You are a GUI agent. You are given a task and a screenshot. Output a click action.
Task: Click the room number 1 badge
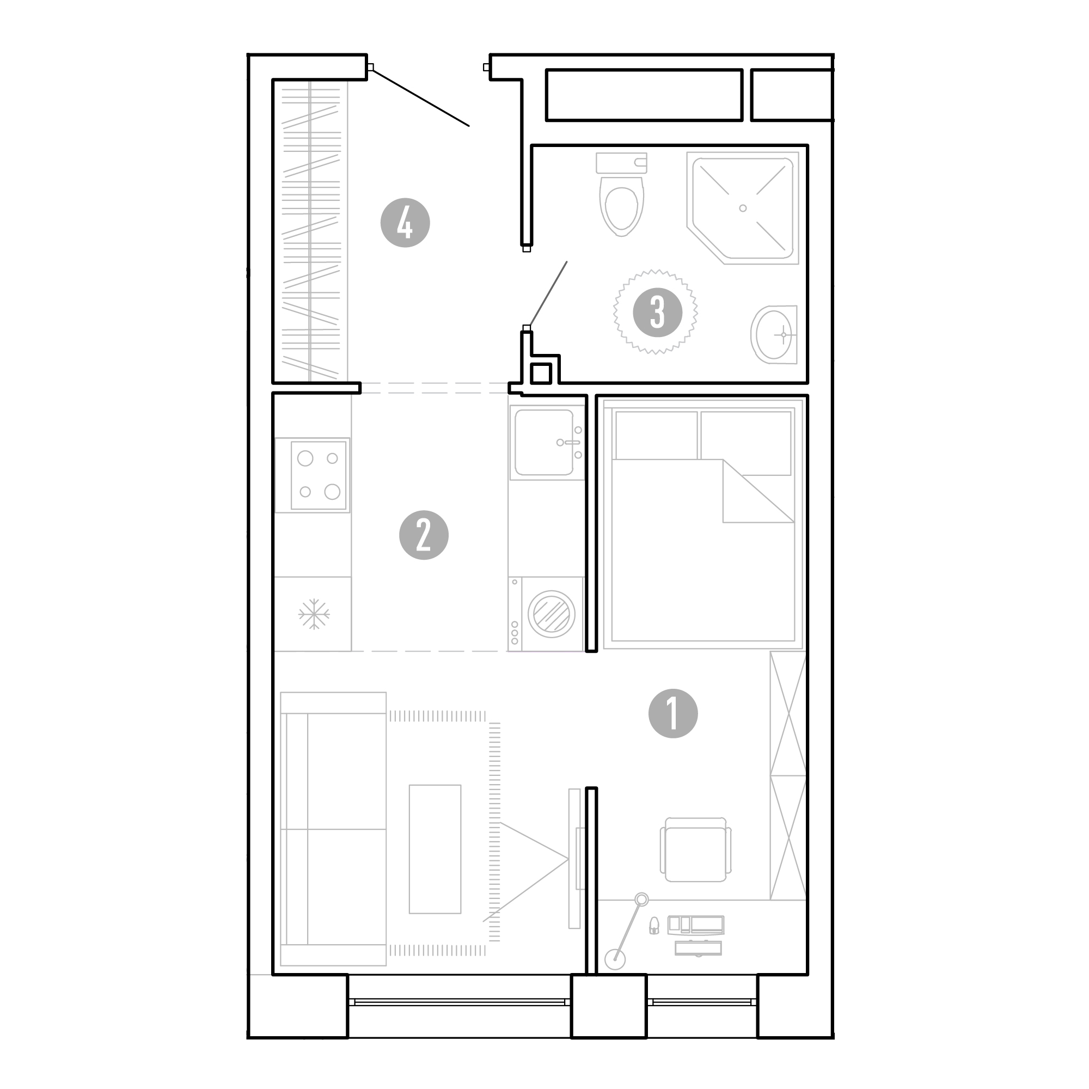pos(673,714)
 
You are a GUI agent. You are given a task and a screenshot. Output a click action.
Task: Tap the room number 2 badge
pos(424,535)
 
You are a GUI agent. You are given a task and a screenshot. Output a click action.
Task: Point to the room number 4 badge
pos(405,223)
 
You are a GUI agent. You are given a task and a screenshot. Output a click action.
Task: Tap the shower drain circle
pos(743,208)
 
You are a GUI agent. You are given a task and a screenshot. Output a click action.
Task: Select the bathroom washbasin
pos(773,334)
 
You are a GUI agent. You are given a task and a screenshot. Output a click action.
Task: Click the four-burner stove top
pos(319,475)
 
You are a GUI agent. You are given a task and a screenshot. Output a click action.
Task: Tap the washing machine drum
pos(551,614)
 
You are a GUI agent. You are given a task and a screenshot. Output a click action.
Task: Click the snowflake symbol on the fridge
pos(314,614)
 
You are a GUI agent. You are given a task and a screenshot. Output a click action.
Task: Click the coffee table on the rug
pos(435,849)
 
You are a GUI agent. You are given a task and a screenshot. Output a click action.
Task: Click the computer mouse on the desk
pos(654,925)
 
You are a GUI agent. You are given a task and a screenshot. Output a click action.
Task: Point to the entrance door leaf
pos(420,97)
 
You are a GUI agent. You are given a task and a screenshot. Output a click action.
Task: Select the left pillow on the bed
pos(657,435)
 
